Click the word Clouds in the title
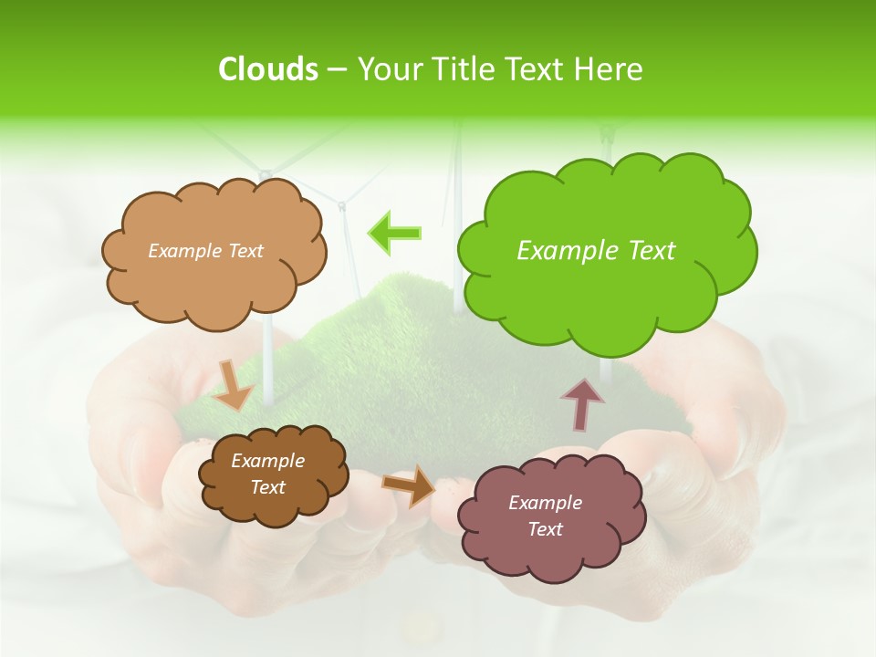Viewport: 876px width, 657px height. point(267,69)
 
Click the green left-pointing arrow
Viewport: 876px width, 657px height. point(395,233)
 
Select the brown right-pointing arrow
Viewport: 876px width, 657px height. point(409,485)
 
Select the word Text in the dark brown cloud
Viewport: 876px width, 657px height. point(267,487)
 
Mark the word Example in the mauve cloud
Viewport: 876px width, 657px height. point(545,503)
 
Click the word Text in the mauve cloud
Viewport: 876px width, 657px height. point(545,529)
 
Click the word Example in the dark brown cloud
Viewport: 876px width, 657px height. point(267,461)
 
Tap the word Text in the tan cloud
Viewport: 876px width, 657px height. point(244,251)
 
